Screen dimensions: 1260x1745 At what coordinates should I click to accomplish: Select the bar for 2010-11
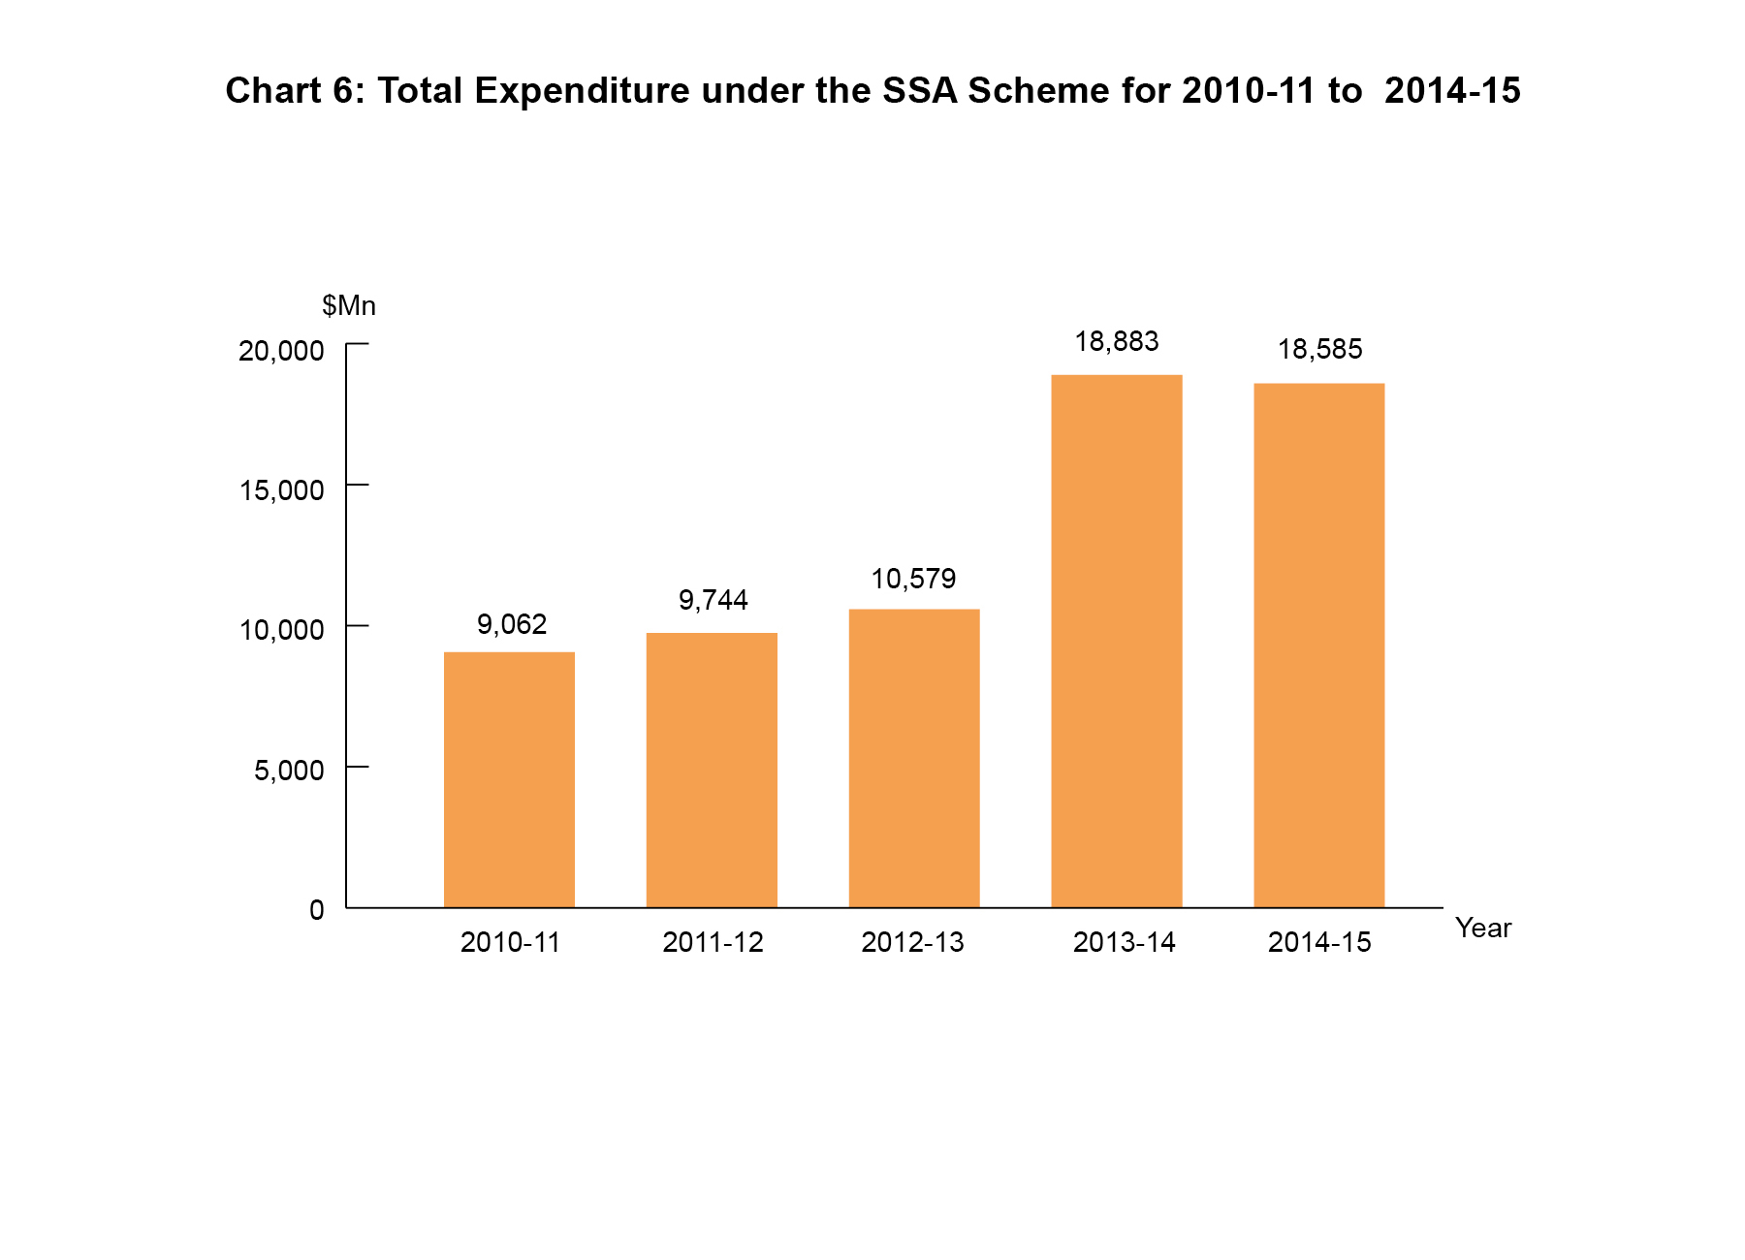coord(509,780)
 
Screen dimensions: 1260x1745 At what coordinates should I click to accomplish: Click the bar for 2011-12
coord(712,771)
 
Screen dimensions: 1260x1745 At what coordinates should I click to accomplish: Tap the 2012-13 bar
coord(914,758)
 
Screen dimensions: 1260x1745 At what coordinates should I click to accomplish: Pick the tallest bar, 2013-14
coord(1117,641)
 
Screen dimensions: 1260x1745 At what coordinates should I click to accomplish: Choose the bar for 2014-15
coord(1318,646)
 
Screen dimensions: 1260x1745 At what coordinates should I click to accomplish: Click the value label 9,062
coord(512,624)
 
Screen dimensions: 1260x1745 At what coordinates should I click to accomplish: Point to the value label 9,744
coord(713,601)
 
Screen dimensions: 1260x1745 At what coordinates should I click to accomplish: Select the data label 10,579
coord(913,579)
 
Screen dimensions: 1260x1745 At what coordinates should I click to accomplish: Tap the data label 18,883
coord(1117,341)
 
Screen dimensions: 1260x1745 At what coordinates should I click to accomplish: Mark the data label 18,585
coord(1319,349)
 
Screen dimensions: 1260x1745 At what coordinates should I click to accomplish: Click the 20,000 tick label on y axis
coord(281,351)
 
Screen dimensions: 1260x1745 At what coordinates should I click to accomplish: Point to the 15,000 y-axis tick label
coord(281,490)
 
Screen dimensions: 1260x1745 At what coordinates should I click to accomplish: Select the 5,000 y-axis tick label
coord(289,771)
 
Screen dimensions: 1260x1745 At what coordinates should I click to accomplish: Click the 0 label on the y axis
coord(316,910)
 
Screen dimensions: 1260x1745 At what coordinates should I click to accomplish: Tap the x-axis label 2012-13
coord(912,942)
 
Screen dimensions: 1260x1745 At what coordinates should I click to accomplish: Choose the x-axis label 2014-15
coord(1319,942)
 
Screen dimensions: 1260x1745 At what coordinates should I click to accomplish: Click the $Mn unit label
coord(349,306)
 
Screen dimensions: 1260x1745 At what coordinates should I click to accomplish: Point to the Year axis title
coord(1483,929)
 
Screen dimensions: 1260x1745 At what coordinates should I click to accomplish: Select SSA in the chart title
coord(920,90)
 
